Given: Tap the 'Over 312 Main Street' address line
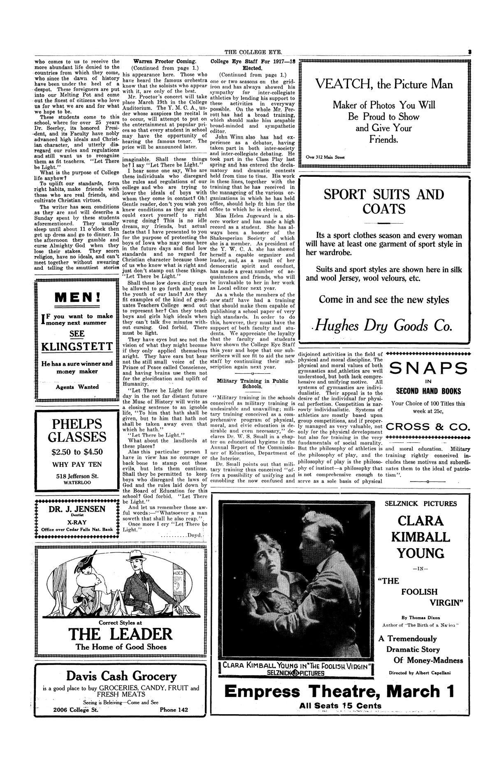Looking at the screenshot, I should coord(326,156).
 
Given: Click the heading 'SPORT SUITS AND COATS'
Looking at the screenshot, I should coord(384,201).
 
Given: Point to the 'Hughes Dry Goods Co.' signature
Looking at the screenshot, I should coord(381,326).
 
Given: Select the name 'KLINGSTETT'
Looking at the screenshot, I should coord(77,347).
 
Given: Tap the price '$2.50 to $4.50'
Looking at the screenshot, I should coord(77,452).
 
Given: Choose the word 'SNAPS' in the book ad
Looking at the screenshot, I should coord(428,369).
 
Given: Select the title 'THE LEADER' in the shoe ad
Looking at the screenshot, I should coord(120,634).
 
